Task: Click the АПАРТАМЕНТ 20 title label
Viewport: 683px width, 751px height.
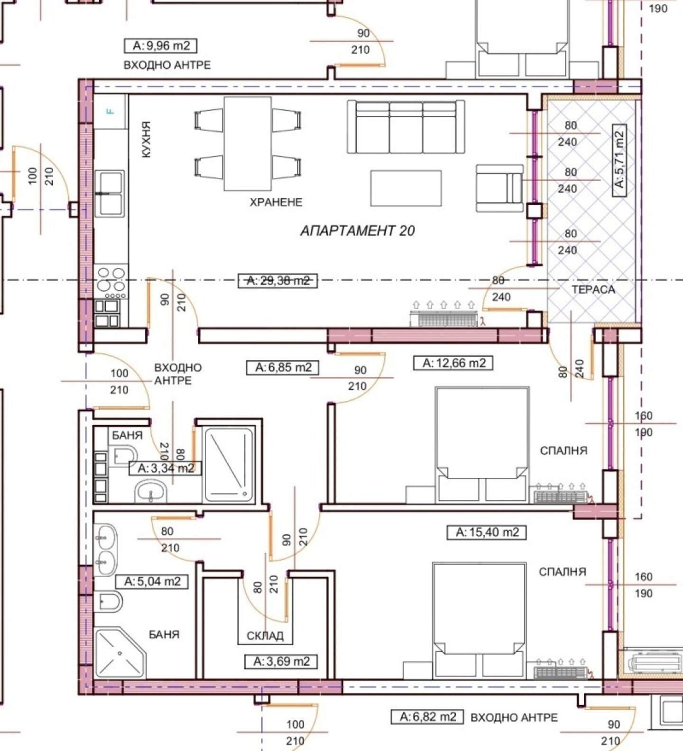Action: (358, 231)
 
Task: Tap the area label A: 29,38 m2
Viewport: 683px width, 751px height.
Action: (278, 281)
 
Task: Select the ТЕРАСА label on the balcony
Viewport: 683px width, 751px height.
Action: (593, 290)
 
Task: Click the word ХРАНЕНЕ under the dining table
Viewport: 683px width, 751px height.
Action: (276, 202)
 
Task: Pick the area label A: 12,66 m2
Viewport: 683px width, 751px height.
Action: (454, 363)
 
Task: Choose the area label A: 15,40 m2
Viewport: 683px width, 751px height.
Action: (487, 532)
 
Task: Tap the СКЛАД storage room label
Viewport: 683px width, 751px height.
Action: (265, 636)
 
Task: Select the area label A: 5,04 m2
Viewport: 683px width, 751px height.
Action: (152, 581)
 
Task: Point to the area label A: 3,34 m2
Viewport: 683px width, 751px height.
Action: (166, 468)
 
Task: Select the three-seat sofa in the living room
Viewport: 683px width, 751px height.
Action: (406, 127)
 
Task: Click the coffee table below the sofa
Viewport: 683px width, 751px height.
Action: (406, 188)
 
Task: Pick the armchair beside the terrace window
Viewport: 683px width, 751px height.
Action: (500, 188)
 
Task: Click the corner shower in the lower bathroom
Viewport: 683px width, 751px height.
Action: (120, 653)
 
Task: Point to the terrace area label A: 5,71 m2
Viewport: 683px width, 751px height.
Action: (619, 160)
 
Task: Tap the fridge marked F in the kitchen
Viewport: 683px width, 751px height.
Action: (111, 111)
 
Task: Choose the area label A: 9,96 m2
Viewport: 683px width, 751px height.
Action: (161, 46)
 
